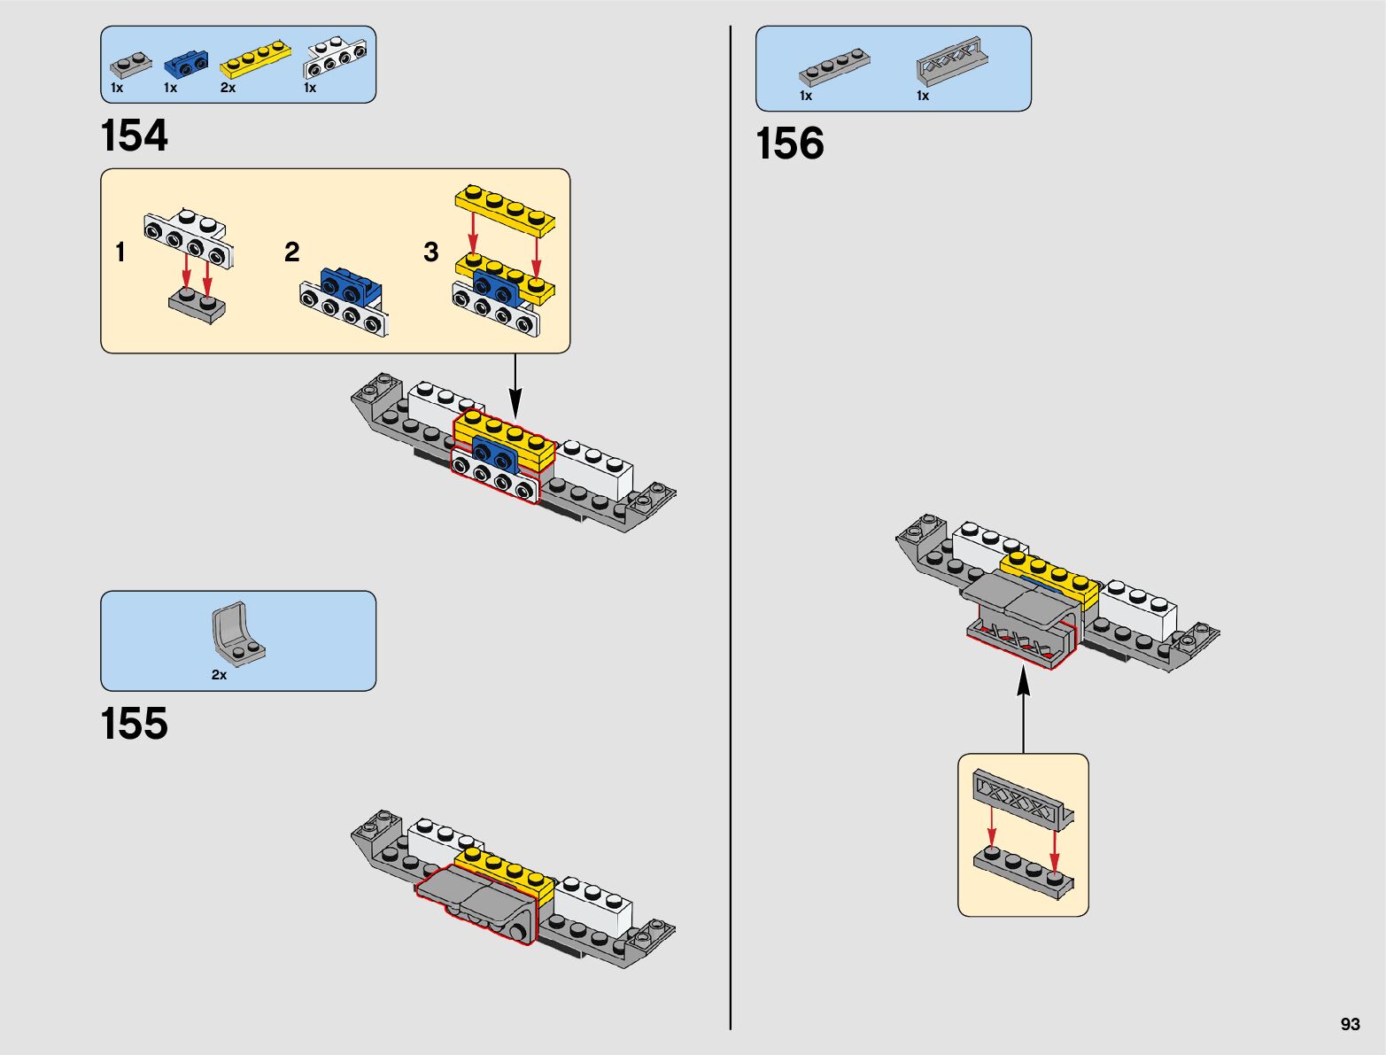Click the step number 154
coord(135,136)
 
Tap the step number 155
coord(135,724)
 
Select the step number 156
coord(790,144)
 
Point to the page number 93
coord(1350,1024)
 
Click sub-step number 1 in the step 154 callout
coord(120,252)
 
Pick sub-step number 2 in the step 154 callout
coord(292,252)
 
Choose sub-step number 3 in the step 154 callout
coord(431,252)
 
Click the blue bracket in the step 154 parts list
coord(186,63)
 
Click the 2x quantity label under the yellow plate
coord(228,88)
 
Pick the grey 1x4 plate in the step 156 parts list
coord(834,66)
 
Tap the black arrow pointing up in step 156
coord(1023,709)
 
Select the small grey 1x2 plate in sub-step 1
coord(197,306)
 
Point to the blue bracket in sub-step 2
coord(351,284)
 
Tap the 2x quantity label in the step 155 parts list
coord(219,675)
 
